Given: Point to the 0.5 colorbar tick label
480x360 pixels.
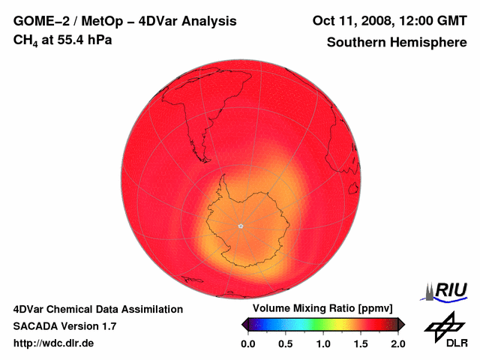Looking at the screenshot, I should [x=285, y=343].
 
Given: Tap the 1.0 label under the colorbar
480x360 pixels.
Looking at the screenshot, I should [x=322, y=343].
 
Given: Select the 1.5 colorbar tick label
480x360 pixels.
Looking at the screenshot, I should [x=361, y=343].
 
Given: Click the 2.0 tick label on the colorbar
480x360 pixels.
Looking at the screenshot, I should [x=397, y=343].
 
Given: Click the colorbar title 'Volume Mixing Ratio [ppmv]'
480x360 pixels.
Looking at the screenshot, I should [x=318, y=309].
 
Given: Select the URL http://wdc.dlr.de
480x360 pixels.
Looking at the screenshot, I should [x=54, y=343].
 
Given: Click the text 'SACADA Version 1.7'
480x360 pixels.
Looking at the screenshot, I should [x=64, y=326].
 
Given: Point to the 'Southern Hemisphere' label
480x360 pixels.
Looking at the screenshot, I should [x=397, y=42].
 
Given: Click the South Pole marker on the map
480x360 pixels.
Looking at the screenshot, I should [x=240, y=225].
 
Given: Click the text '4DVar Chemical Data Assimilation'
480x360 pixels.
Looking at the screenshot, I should [x=97, y=309].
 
